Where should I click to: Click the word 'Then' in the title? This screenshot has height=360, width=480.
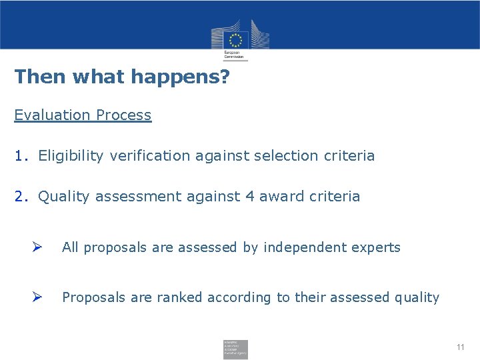pyautogui.click(x=41, y=77)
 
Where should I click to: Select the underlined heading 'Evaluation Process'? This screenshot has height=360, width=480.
pyautogui.click(x=83, y=115)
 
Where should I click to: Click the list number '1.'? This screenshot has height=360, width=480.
pyautogui.click(x=21, y=156)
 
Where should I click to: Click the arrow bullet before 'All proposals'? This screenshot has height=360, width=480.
pyautogui.click(x=38, y=247)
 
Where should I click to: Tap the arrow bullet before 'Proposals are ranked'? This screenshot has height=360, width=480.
pyautogui.click(x=38, y=297)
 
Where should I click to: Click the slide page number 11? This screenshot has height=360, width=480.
pyautogui.click(x=460, y=347)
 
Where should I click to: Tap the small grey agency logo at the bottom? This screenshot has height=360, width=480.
pyautogui.click(x=235, y=349)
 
